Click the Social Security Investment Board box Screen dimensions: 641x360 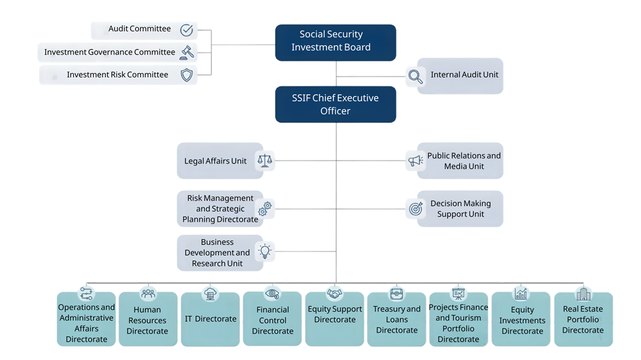click(335, 42)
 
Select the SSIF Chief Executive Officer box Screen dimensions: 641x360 click(335, 105)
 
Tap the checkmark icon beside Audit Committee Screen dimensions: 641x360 click(186, 30)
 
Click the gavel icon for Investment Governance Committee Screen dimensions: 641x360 click(186, 53)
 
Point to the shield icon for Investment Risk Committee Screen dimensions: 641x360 click(186, 75)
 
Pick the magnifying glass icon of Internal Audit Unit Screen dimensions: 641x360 click(416, 77)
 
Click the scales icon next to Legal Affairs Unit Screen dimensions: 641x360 click(265, 161)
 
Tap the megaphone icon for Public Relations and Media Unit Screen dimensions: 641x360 click(416, 161)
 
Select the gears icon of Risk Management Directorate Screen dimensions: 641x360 click(265, 209)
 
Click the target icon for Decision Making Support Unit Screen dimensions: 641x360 click(416, 209)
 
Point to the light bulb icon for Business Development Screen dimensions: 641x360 click(265, 252)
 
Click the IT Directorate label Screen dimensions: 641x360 click(211, 319)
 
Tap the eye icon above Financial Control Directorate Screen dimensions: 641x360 click(272, 293)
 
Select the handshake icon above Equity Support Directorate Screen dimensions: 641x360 click(334, 293)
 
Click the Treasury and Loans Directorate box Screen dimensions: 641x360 click(396, 319)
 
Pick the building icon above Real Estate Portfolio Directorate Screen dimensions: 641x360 click(583, 294)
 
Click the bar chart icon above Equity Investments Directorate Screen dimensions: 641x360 click(521, 294)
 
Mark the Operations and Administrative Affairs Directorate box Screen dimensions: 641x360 click(86, 319)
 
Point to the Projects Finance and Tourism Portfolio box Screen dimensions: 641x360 click(459, 319)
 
